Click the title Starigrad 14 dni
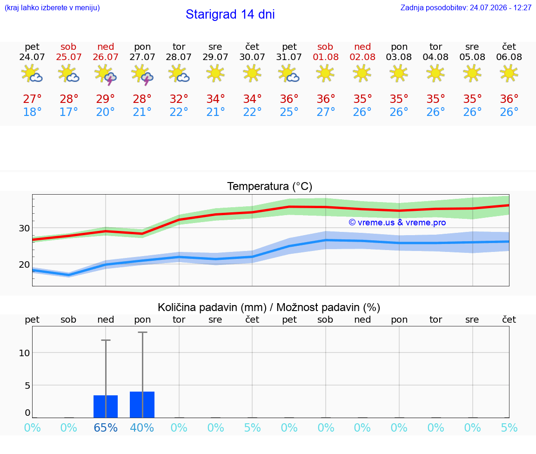click(230, 14)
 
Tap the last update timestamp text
click(466, 7)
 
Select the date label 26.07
click(106, 57)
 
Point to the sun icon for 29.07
click(215, 74)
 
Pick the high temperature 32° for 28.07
click(179, 99)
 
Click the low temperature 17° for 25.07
click(69, 112)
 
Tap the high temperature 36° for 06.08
click(509, 99)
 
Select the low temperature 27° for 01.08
click(325, 112)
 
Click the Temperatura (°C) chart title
click(270, 186)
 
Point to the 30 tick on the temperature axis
click(24, 228)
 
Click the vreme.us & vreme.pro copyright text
click(397, 223)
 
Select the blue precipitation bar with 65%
click(106, 407)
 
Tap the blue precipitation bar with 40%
click(142, 405)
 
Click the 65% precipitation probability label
click(106, 427)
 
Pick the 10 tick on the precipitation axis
click(24, 353)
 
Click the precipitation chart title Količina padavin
click(212, 307)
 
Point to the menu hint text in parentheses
click(52, 7)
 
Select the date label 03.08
click(399, 57)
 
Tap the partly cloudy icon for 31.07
click(289, 74)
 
